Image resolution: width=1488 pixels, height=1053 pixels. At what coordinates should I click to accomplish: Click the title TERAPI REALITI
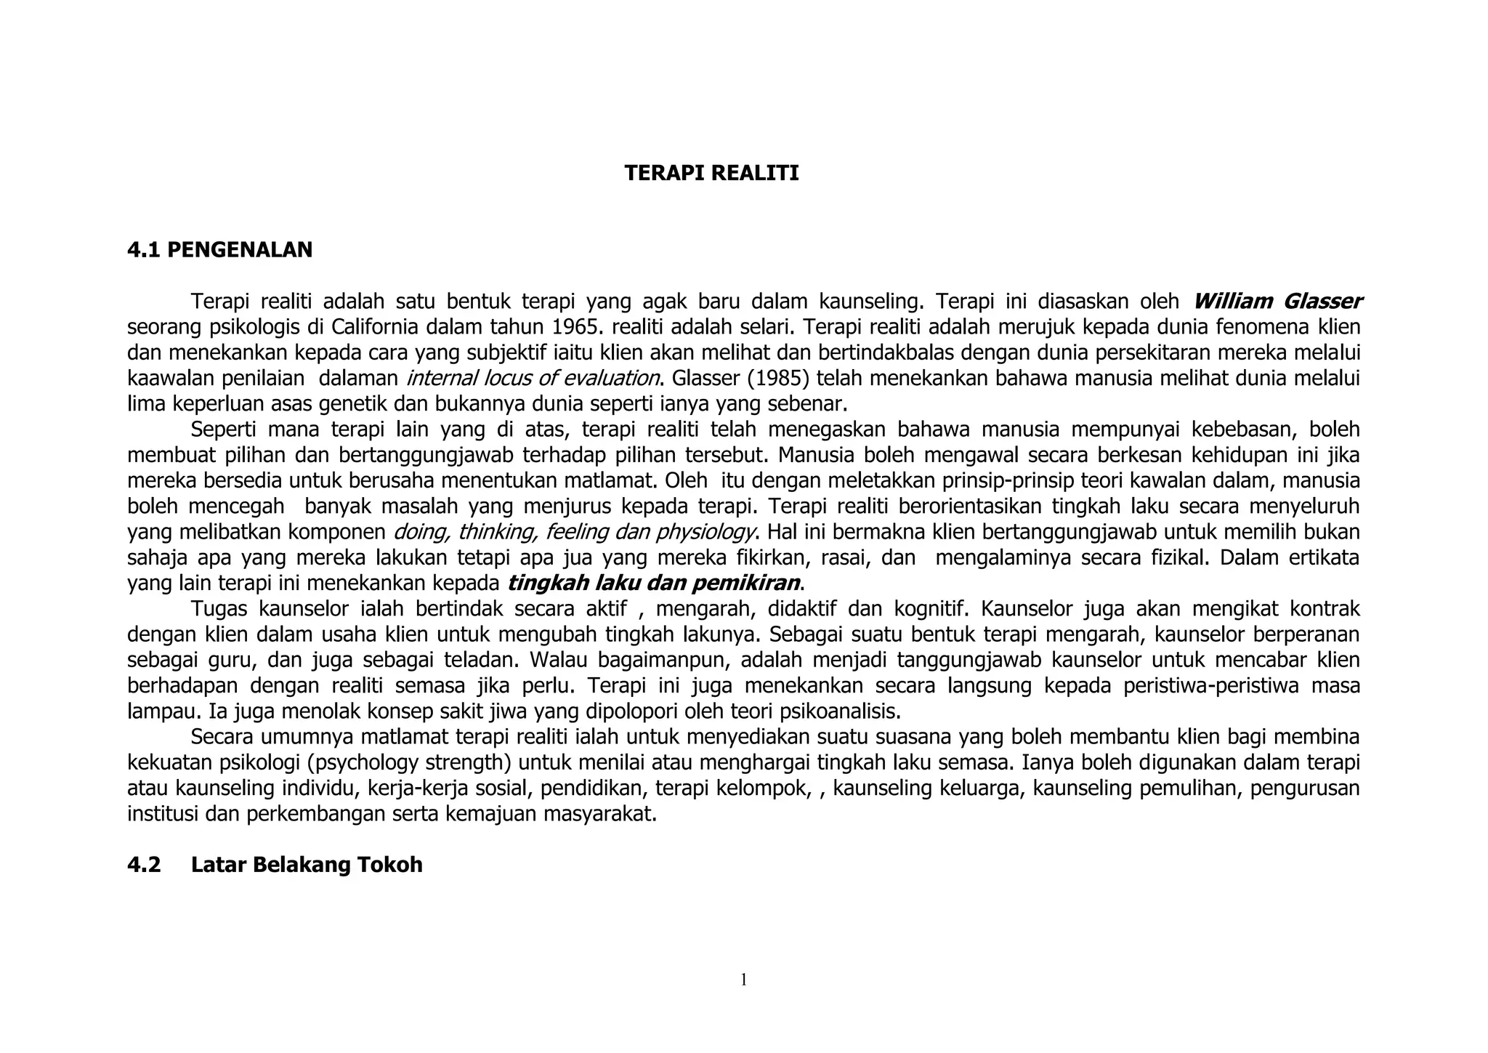tap(711, 174)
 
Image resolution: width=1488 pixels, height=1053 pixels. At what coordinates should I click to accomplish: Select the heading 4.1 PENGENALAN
tap(219, 250)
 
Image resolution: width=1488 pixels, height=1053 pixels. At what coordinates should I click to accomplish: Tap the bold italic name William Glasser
tap(1277, 301)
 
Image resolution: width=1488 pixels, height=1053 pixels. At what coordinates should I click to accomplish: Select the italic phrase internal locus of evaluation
tap(533, 379)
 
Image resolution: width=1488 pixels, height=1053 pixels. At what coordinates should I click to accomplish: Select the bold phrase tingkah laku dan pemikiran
tap(653, 584)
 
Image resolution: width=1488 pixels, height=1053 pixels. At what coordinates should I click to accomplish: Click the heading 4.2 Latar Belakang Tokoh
tap(275, 866)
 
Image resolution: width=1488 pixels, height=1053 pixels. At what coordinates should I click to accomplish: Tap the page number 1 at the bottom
tap(744, 980)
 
